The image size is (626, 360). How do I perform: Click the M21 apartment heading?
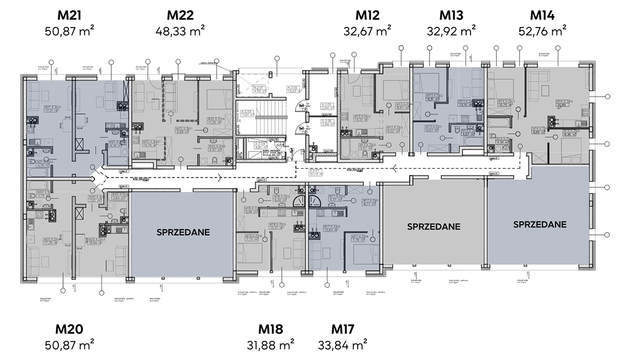[69, 15]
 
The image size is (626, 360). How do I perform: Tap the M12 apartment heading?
[367, 15]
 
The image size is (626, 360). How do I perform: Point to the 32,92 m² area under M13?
[451, 32]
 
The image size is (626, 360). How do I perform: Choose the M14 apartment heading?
[542, 15]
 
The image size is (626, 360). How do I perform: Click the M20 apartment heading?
[69, 329]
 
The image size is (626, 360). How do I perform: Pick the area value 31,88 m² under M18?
[270, 346]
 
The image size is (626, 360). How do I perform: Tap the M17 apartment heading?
[343, 329]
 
